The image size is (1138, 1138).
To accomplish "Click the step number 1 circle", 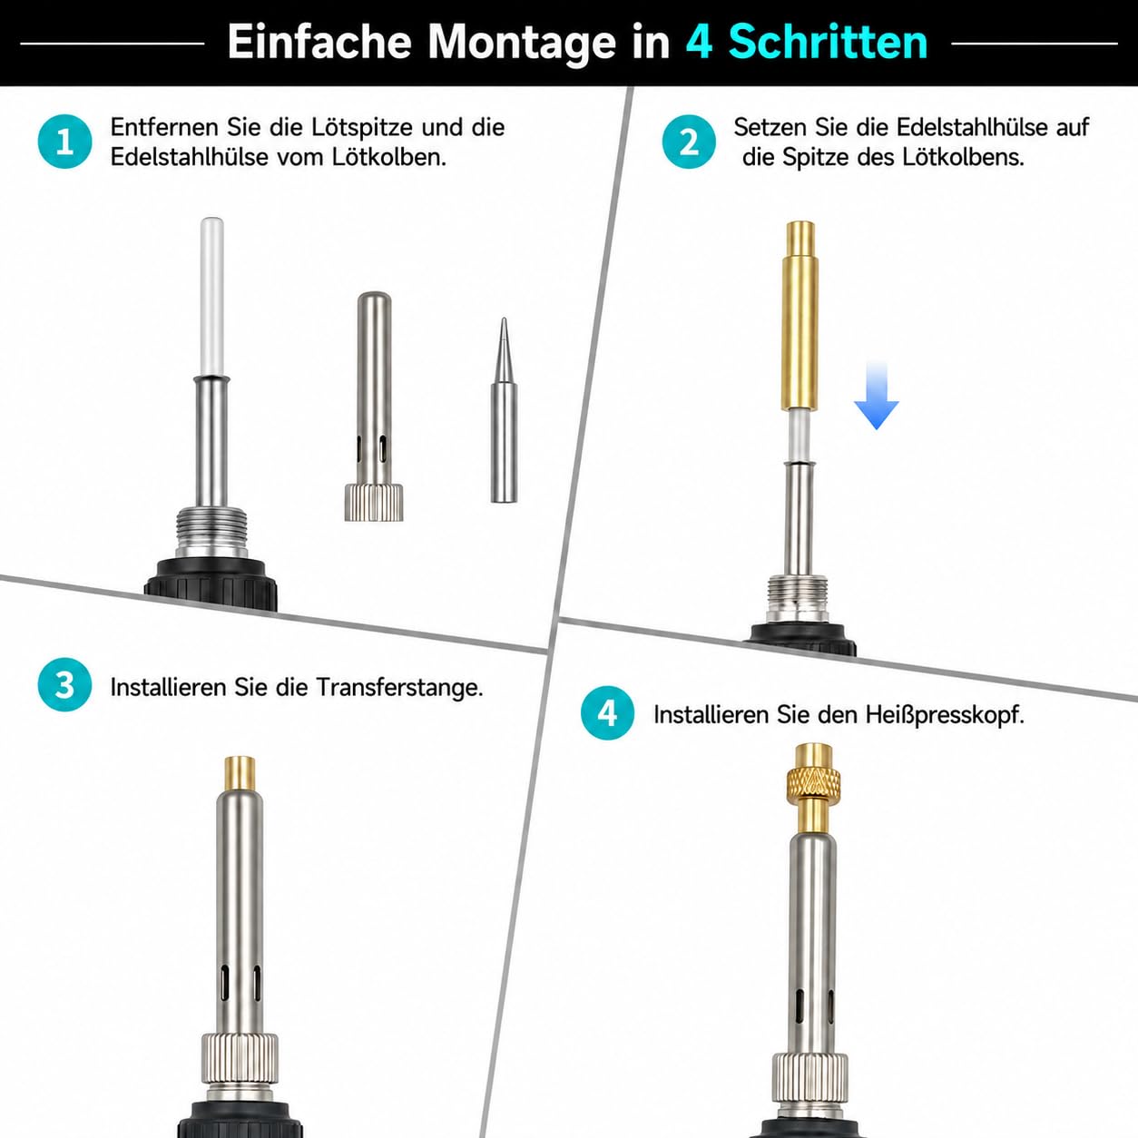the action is click(65, 142).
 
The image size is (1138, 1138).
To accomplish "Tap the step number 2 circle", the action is click(689, 142).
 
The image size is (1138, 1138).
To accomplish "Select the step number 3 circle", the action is click(65, 685).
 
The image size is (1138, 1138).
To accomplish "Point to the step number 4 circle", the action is click(608, 713).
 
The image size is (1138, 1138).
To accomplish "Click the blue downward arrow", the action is click(877, 396).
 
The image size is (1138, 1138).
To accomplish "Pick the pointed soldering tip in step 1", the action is click(504, 410).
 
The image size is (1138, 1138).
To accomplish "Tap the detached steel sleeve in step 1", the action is click(374, 407).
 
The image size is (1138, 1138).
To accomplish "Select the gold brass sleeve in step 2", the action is click(800, 316).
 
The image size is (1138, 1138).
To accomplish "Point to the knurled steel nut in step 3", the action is click(240, 1058).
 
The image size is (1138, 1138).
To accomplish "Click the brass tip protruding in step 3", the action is click(240, 774).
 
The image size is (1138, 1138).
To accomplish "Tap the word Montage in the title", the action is click(523, 43).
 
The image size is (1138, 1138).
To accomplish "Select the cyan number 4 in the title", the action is click(699, 42).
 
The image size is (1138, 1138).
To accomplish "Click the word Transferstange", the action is click(399, 687).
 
